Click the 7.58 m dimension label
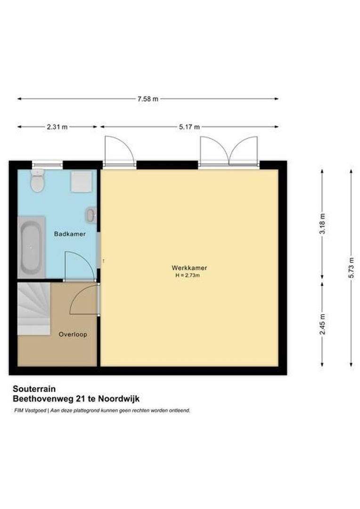(x=147, y=99)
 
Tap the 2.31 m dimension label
(x=57, y=127)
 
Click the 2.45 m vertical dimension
(x=322, y=324)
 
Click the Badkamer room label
(x=70, y=234)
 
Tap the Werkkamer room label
(x=188, y=268)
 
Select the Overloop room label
(x=73, y=334)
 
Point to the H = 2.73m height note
(x=188, y=275)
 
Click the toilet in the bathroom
(x=38, y=181)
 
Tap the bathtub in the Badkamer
(x=31, y=247)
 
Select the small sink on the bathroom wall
(x=91, y=215)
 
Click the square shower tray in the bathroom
(x=82, y=181)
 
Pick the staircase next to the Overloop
(x=33, y=309)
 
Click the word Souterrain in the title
(x=34, y=389)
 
